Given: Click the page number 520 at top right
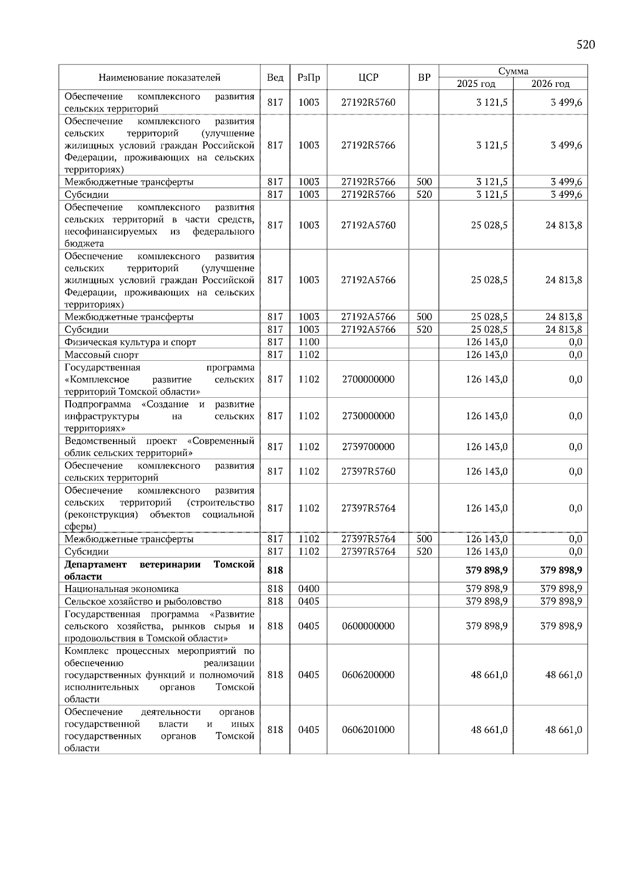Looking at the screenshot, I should [x=585, y=45].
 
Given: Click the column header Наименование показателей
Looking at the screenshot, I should [x=159, y=78].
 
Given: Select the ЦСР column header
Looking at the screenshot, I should [x=368, y=78].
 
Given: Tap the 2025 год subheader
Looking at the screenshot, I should [x=476, y=84].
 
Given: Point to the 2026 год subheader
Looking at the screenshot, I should [x=551, y=84].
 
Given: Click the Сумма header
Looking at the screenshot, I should [x=513, y=71].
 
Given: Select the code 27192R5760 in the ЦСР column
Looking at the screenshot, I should [x=368, y=103].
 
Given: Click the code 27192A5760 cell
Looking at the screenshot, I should [x=368, y=225].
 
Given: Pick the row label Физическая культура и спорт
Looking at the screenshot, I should [x=130, y=342].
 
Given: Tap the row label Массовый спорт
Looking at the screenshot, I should [x=102, y=355].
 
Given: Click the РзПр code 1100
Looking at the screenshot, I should [x=308, y=342].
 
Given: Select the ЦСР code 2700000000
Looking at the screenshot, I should [x=368, y=380].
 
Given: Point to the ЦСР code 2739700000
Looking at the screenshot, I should [x=368, y=447].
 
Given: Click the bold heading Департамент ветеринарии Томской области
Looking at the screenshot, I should [x=159, y=571].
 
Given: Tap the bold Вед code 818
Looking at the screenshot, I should [x=275, y=571].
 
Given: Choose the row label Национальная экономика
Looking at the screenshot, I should [x=121, y=589].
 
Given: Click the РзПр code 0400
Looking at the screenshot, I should [x=308, y=589].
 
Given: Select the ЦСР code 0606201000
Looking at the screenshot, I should [x=368, y=730].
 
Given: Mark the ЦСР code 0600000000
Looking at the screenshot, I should [x=368, y=626].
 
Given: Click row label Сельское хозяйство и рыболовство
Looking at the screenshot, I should [x=143, y=601].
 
